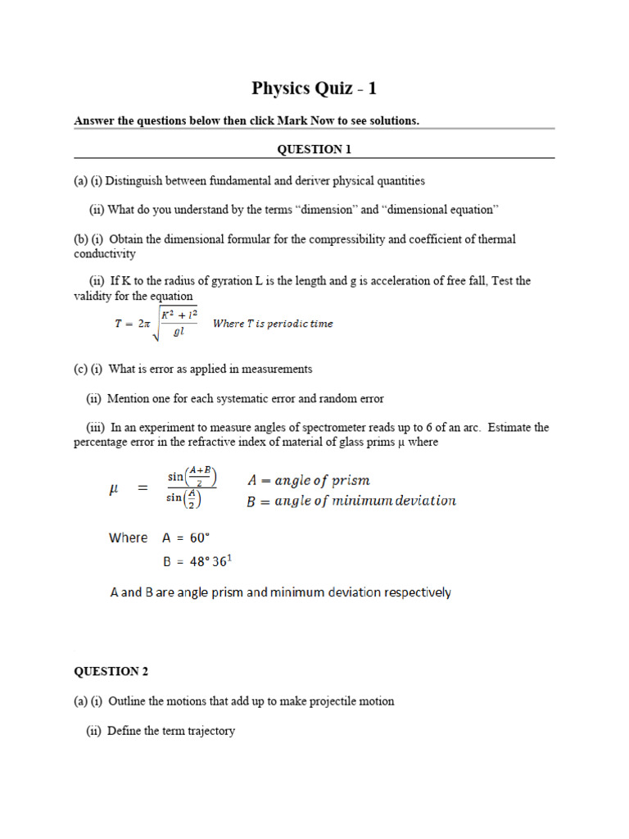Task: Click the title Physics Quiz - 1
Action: [x=314, y=88]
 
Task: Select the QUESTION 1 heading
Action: [x=314, y=149]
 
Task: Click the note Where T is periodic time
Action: [x=273, y=324]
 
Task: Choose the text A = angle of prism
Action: [x=308, y=480]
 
